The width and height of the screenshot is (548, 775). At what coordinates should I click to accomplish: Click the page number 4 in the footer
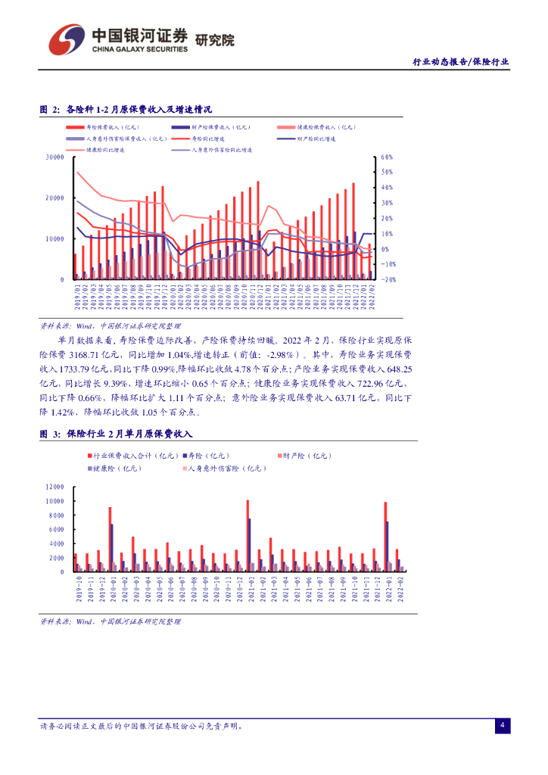[x=501, y=725]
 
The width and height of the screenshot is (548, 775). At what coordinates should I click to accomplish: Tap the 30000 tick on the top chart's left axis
[x=54, y=157]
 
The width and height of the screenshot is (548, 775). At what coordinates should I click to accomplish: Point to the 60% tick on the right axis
[x=387, y=157]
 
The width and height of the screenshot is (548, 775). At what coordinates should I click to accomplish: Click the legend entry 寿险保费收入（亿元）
[x=113, y=128]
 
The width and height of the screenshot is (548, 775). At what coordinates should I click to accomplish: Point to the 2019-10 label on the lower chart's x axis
[x=79, y=589]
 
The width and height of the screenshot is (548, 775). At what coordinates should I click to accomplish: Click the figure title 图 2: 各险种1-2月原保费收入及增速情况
[x=126, y=110]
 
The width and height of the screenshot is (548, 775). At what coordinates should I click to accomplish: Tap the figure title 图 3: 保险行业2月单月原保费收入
[x=117, y=434]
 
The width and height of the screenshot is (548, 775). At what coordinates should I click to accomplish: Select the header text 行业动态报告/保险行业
[x=460, y=62]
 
